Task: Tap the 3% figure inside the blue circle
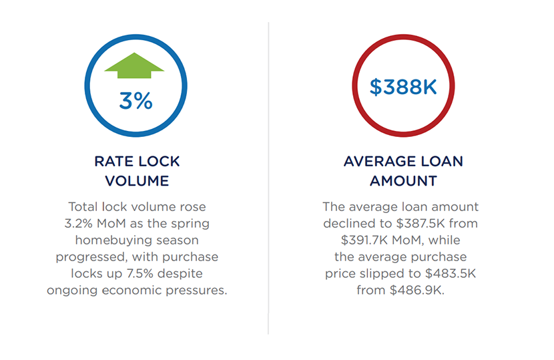[x=135, y=100]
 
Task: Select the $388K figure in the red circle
[x=403, y=87]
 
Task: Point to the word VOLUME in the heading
[x=137, y=180]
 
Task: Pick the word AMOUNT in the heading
[x=403, y=180]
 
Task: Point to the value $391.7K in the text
[x=366, y=240]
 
